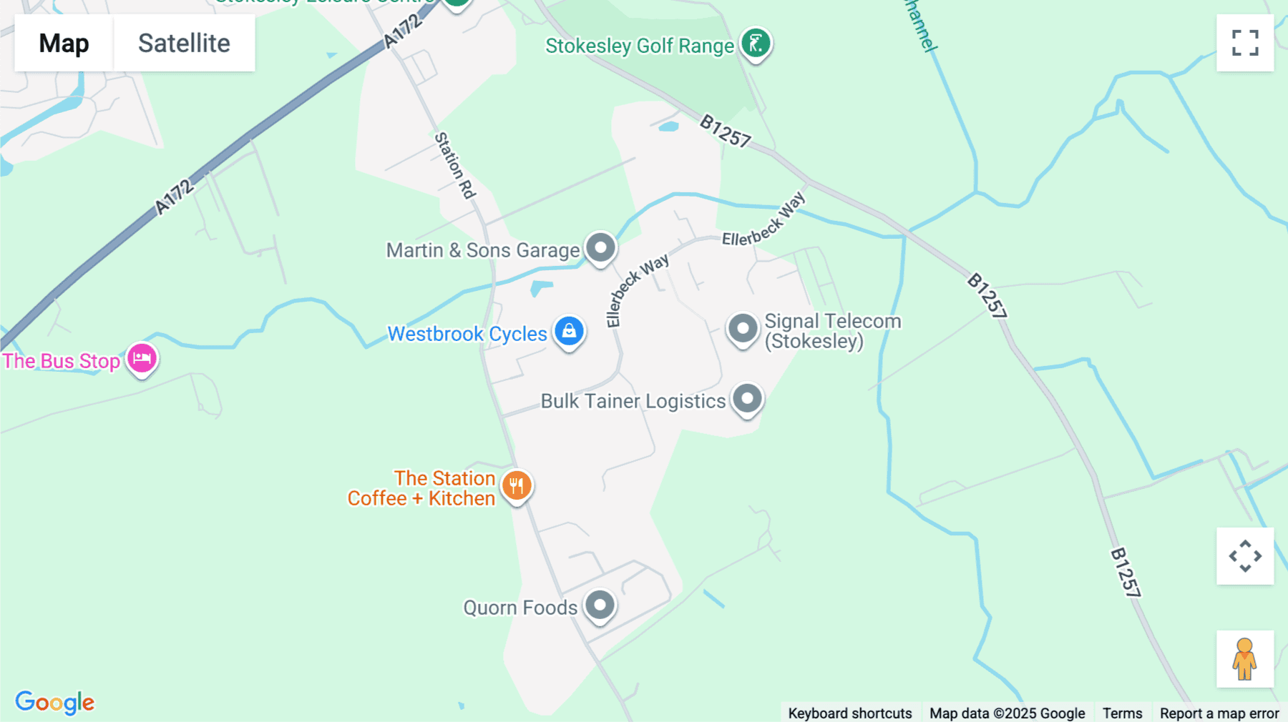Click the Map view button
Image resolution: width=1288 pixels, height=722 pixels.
coord(64,43)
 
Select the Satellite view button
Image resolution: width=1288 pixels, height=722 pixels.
coord(184,43)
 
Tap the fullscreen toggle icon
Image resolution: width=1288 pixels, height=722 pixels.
coord(1245,43)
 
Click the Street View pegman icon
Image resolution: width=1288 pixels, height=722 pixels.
coord(1245,659)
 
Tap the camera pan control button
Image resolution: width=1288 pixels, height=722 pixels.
coord(1245,556)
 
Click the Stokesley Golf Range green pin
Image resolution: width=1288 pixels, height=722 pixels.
coord(756,44)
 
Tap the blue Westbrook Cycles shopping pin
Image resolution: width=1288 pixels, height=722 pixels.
coord(570,332)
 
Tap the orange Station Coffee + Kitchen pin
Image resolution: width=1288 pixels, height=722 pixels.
coord(517,486)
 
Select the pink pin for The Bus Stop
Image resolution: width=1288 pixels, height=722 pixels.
coord(142,359)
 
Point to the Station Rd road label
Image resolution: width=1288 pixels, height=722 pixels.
coord(456,165)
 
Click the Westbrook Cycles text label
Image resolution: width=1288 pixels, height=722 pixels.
coord(467,334)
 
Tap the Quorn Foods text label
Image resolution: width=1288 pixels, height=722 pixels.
coord(520,608)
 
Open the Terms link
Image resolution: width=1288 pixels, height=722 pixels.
coord(1122,713)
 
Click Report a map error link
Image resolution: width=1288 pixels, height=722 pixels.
coord(1219,713)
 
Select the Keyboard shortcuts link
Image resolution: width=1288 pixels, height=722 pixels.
coord(850,713)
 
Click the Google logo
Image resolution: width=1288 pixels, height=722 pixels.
coord(55,702)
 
